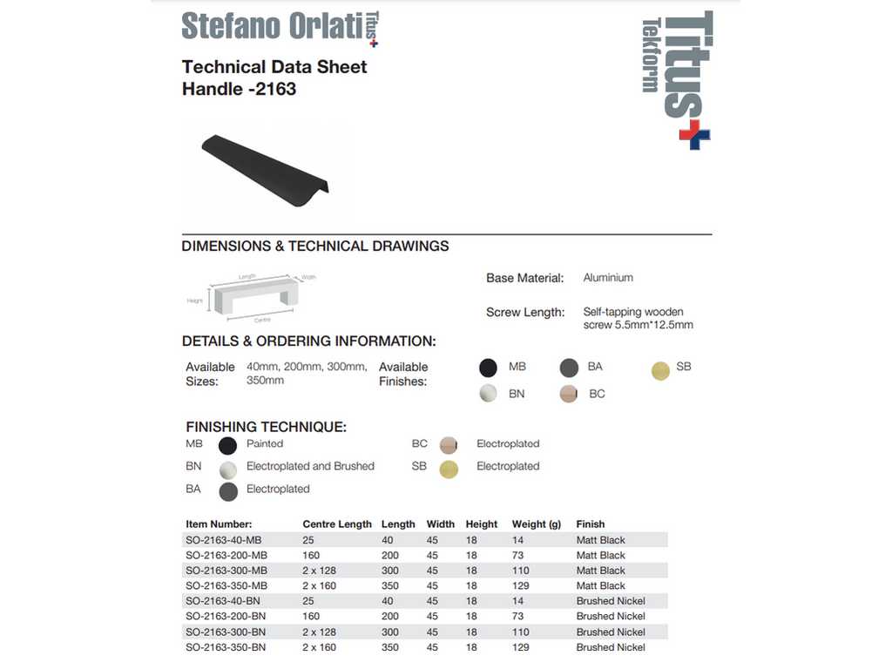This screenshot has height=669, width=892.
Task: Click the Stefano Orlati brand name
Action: [270, 26]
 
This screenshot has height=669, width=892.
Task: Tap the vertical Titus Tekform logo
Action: [678, 77]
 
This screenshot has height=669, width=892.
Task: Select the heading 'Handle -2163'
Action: [239, 89]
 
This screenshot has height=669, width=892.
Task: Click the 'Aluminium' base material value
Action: [608, 278]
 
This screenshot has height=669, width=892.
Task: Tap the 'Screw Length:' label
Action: [525, 312]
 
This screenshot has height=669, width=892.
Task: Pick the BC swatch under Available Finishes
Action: [569, 395]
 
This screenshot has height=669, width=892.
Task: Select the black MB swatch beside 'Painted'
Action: [228, 446]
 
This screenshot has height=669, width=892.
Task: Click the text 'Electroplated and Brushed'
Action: [310, 466]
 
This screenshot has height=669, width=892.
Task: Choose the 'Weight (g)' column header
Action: [537, 524]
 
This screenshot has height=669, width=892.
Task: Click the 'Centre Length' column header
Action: [337, 524]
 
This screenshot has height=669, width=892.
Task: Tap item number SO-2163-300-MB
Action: [226, 571]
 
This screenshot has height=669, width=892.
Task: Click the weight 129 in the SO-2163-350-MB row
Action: [521, 586]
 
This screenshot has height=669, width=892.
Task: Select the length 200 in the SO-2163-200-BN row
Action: [391, 617]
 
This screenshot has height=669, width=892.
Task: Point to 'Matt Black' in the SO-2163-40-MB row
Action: [601, 540]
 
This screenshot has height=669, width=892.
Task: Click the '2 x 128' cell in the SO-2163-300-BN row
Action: [320, 632]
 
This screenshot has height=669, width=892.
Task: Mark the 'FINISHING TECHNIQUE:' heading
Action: [267, 427]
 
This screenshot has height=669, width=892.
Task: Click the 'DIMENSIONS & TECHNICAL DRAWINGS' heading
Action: [315, 247]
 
